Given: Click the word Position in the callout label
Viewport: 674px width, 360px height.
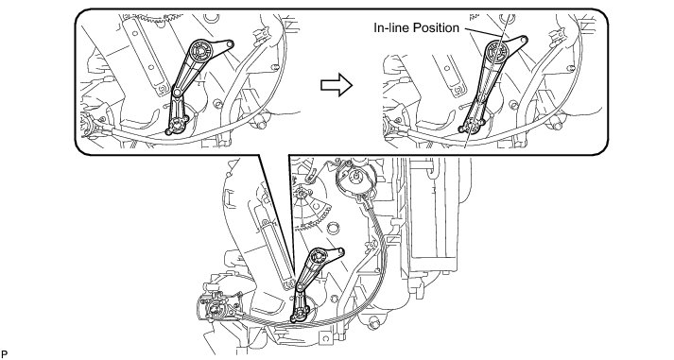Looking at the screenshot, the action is [x=436, y=28].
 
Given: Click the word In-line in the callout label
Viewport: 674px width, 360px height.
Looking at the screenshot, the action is [x=391, y=28].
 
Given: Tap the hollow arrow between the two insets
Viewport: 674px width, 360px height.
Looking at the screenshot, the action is [x=337, y=85].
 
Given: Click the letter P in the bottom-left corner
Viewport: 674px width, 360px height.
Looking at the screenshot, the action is [x=5, y=354].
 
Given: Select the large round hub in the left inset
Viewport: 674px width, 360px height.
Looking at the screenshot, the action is [x=200, y=51].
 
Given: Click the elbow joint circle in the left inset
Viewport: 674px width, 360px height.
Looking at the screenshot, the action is [x=177, y=92].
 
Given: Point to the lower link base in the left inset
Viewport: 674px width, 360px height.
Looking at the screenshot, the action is [x=176, y=125].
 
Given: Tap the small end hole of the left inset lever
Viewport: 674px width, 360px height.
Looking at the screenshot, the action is [x=231, y=43].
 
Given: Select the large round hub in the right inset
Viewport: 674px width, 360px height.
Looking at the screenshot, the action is [x=498, y=51].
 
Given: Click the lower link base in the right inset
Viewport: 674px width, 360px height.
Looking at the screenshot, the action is [x=471, y=126].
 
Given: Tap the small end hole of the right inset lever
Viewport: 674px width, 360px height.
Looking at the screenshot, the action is [x=524, y=40].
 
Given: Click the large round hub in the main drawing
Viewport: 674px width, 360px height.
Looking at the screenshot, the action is [x=318, y=257].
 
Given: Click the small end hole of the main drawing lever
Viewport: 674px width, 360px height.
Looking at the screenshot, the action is [x=341, y=250].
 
